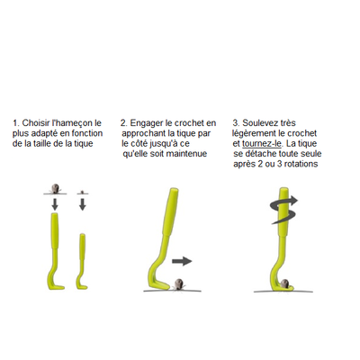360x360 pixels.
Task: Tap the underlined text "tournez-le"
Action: [262, 143]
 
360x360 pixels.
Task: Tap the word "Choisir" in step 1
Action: [36, 123]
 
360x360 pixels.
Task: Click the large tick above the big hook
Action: [55, 189]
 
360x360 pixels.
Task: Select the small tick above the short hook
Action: [82, 192]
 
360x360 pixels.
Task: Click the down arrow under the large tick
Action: [55, 204]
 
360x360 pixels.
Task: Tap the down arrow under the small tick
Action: [83, 204]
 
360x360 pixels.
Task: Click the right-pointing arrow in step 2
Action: [182, 261]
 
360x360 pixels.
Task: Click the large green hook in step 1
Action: [54, 251]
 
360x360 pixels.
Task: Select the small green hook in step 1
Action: [82, 261]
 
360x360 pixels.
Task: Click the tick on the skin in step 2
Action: [179, 284]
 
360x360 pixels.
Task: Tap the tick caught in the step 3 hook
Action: [284, 283]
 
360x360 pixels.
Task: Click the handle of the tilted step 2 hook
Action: [169, 211]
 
